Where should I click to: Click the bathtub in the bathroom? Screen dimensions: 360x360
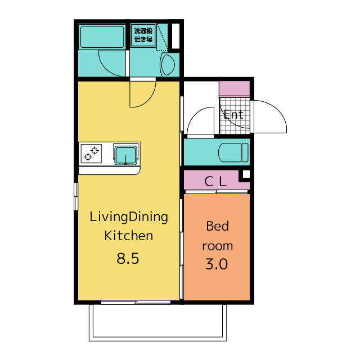coord(102,37)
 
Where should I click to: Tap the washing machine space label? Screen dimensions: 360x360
coord(143,35)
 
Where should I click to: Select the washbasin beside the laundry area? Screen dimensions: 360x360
coord(168,65)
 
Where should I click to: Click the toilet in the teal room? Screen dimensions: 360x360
coord(233,152)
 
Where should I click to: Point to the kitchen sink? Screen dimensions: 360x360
coord(126,155)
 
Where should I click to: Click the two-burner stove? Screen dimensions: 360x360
coord(91,154)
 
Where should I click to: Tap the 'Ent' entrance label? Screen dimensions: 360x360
coord(233,115)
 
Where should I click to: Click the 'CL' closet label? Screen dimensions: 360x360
coord(215,181)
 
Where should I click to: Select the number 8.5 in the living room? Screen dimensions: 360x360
coord(128,258)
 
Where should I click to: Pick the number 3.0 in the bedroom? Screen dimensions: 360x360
coord(217,264)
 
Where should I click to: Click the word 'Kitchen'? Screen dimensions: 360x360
coord(129,236)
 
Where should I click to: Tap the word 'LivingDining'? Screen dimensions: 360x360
coord(129,217)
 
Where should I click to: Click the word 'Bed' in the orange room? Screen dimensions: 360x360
coord(218,226)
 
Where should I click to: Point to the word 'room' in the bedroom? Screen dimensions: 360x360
coord(218,246)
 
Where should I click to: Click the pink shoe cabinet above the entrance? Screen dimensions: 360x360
coord(235,89)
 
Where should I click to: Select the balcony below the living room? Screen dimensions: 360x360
coord(157,323)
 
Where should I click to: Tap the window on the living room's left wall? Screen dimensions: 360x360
coord(76,196)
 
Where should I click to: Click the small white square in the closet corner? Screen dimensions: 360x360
coord(246,174)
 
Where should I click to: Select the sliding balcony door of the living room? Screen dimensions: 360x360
coord(136,303)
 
